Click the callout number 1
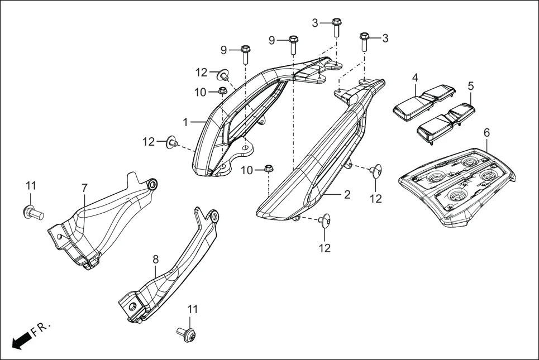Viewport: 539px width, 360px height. [185, 121]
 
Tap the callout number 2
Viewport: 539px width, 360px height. [347, 194]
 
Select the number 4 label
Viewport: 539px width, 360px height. [416, 77]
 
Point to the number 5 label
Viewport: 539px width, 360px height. [470, 86]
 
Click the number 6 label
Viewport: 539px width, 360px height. [486, 132]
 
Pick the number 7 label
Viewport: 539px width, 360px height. [84, 188]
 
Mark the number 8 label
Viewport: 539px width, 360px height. [156, 259]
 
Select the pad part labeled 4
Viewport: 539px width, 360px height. [423, 103]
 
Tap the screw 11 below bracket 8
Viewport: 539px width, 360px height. [188, 334]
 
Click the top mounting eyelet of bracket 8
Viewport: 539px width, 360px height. [213, 217]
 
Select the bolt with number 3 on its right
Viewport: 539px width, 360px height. [364, 41]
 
